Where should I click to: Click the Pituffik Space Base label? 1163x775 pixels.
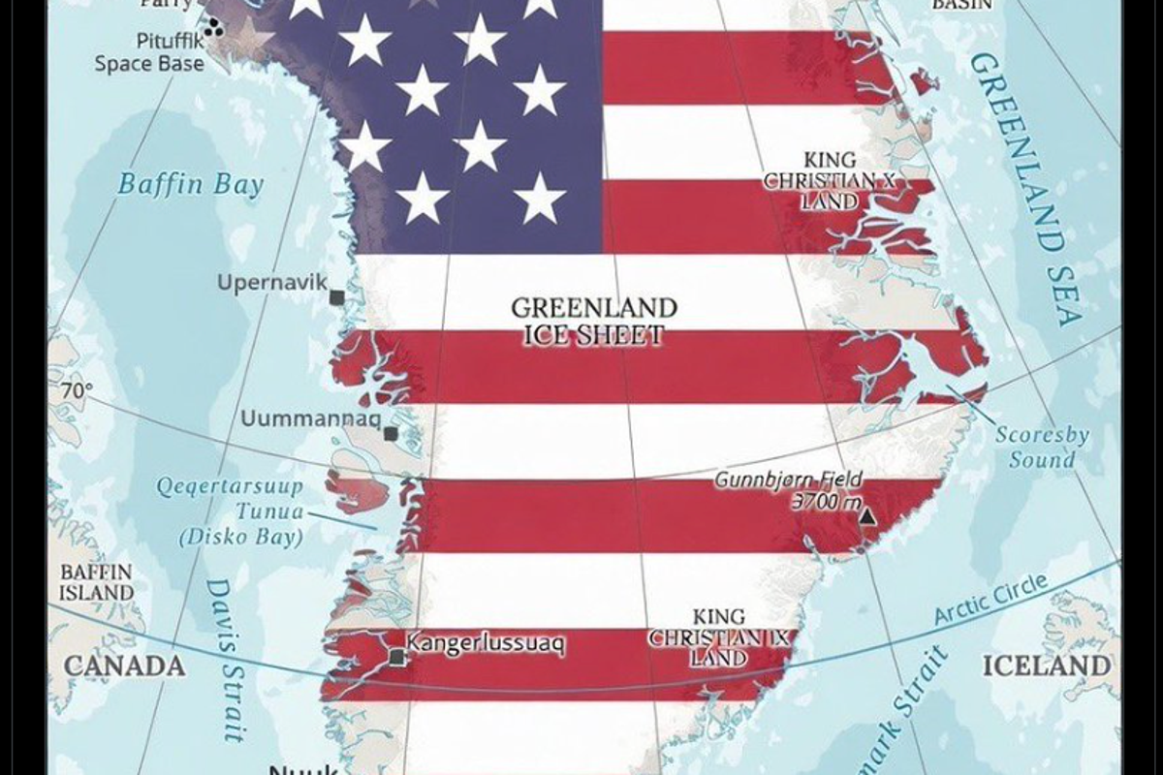149,53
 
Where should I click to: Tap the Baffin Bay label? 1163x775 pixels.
190,184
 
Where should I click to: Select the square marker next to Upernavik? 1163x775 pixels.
336,297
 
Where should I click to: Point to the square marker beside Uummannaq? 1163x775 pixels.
391,434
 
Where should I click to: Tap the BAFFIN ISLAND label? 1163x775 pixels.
97,581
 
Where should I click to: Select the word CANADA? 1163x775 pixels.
123,666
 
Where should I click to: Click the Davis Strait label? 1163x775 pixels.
227,659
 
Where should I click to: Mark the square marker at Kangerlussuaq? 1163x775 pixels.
395,659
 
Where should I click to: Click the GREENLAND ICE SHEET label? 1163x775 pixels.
594,322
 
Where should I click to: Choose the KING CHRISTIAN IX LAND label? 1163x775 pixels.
719,637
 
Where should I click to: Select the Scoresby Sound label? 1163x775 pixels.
1042,447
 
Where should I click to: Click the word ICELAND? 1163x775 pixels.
1047,666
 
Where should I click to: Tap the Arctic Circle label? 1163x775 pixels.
990,601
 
